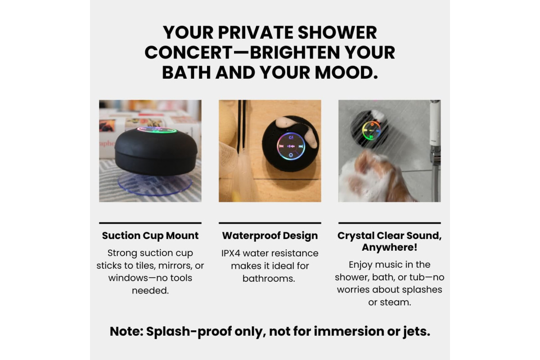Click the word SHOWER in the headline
click(337, 32)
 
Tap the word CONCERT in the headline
click(189, 53)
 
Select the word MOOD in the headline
click(346, 72)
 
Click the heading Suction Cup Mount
click(150, 236)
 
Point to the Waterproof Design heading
click(270, 236)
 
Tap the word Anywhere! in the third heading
click(389, 247)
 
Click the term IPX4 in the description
click(231, 253)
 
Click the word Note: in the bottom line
click(126, 331)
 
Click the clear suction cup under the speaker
click(155, 184)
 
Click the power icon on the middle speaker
click(291, 155)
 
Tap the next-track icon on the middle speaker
click(301, 146)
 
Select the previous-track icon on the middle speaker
click(281, 146)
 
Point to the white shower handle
click(435, 123)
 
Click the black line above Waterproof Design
click(270, 223)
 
